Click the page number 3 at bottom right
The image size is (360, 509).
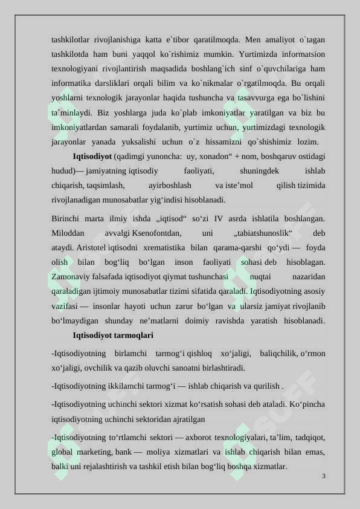[x=324, y=476]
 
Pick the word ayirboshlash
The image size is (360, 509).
[x=170, y=185]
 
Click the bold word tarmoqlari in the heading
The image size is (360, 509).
[x=132, y=334]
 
